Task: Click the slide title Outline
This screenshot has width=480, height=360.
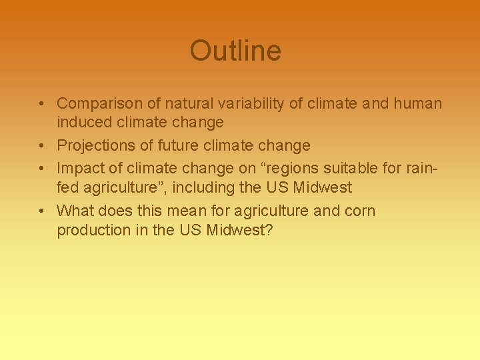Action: tap(235, 51)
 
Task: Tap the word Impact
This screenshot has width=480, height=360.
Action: tap(79, 169)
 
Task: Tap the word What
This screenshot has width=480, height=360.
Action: tap(75, 211)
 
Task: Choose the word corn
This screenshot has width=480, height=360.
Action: tap(360, 211)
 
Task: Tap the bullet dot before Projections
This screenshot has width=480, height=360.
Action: tap(41, 146)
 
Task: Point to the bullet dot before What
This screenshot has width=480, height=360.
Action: tap(41, 211)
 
